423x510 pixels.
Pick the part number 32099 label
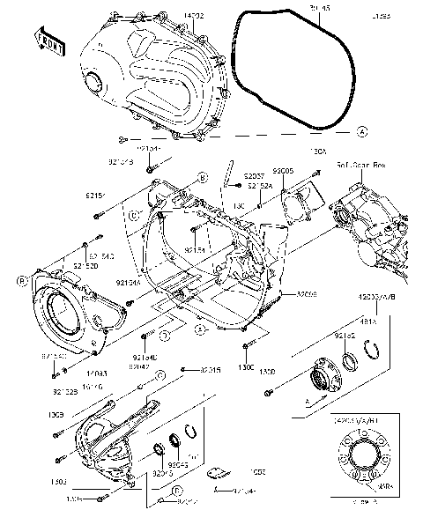307,293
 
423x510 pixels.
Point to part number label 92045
178,464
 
